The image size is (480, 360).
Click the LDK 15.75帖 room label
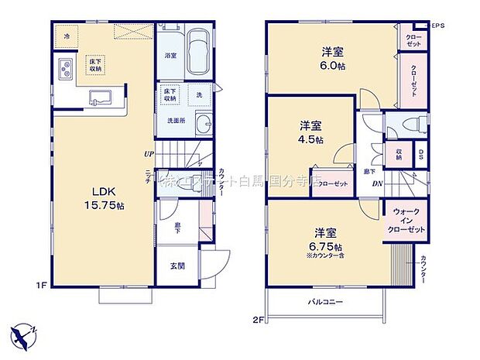(x=101, y=197)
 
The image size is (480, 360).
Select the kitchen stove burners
(x=63, y=68)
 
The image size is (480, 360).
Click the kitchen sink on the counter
(x=99, y=98)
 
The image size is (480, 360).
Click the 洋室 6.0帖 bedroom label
(x=334, y=58)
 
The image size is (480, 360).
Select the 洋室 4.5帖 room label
(x=312, y=131)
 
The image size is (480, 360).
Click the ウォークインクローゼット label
(x=408, y=221)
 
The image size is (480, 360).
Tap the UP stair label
(x=147, y=153)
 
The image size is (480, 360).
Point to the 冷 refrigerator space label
(x=67, y=36)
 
